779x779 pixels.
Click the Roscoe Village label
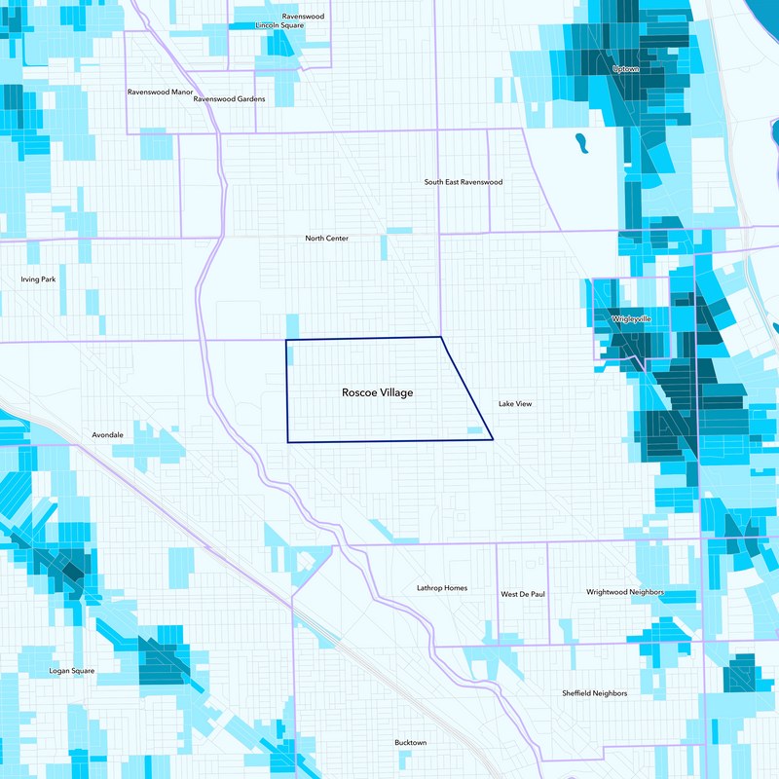tap(377, 392)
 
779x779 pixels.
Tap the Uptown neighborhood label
tap(625, 69)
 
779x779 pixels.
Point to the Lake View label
tap(515, 403)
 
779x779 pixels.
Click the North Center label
tap(326, 238)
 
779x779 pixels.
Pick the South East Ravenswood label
tap(464, 182)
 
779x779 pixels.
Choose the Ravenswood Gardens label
tap(229, 98)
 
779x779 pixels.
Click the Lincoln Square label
tap(279, 25)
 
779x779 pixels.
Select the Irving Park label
tap(38, 279)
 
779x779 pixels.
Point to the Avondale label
tap(108, 434)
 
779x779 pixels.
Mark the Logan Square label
tap(72, 671)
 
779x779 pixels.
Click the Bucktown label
tap(410, 743)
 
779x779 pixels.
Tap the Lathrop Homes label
tap(442, 588)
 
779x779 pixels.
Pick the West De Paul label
tap(523, 593)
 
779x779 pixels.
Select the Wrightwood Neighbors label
tap(625, 592)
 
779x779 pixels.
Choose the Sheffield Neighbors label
tap(594, 693)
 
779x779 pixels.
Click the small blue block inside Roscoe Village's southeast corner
tap(475, 429)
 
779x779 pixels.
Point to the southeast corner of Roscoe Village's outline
tap(493, 439)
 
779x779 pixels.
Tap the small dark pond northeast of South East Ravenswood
tap(581, 143)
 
